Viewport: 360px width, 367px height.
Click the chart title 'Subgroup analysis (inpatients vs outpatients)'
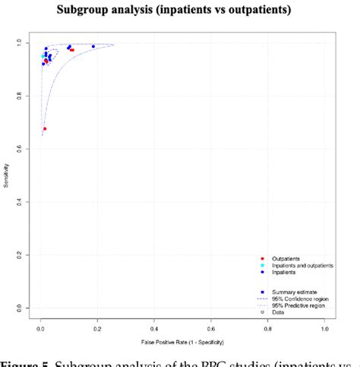click(179, 11)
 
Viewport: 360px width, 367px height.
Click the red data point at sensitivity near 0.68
click(45, 128)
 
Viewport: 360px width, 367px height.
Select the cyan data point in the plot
click(43, 56)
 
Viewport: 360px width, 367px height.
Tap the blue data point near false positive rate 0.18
click(93, 46)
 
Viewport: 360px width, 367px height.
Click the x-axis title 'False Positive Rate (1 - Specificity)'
click(182, 342)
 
